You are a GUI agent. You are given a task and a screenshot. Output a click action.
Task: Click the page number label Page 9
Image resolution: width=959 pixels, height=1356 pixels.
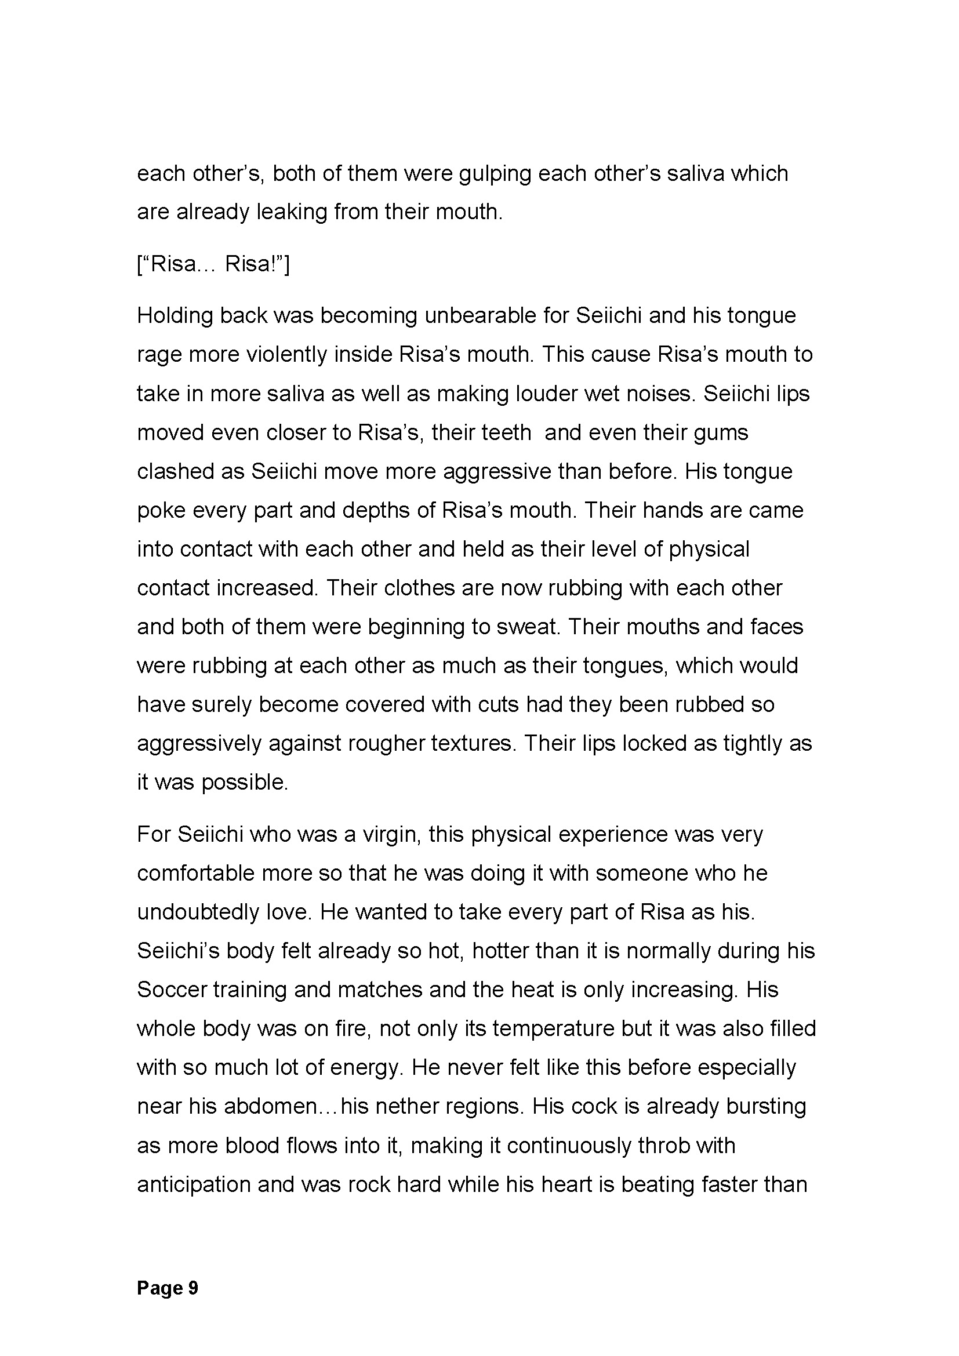(168, 1288)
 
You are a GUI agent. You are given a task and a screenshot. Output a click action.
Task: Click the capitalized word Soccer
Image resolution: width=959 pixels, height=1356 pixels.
(171, 990)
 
